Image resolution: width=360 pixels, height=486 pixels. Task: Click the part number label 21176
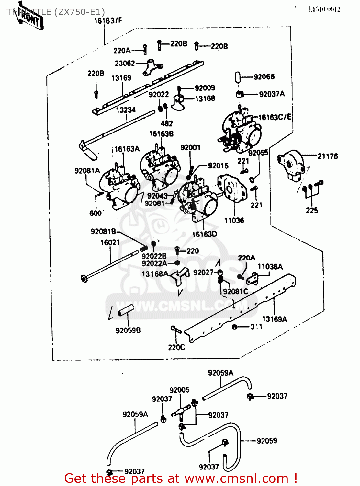point(327,156)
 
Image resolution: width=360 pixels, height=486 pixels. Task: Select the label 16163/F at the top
point(108,21)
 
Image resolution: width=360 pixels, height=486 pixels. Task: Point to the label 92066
point(264,77)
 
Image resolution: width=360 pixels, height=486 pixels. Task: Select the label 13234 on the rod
point(126,110)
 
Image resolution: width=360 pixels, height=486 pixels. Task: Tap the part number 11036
point(234,220)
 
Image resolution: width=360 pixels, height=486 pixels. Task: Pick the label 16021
point(110,242)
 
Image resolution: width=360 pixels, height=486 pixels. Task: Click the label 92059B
point(128,330)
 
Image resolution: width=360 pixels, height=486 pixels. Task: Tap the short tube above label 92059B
point(126,310)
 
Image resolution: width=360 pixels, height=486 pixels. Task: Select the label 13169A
point(274,319)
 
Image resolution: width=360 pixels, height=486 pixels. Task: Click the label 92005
point(179,390)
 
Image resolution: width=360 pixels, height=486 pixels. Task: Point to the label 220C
point(176,347)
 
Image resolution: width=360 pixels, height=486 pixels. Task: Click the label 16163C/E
point(275,117)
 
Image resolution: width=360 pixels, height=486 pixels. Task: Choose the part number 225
point(312,210)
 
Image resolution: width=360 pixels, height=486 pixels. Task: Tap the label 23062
point(125,64)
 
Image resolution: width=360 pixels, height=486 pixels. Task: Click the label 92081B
point(103,231)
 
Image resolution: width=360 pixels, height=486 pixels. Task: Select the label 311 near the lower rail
point(256,327)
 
